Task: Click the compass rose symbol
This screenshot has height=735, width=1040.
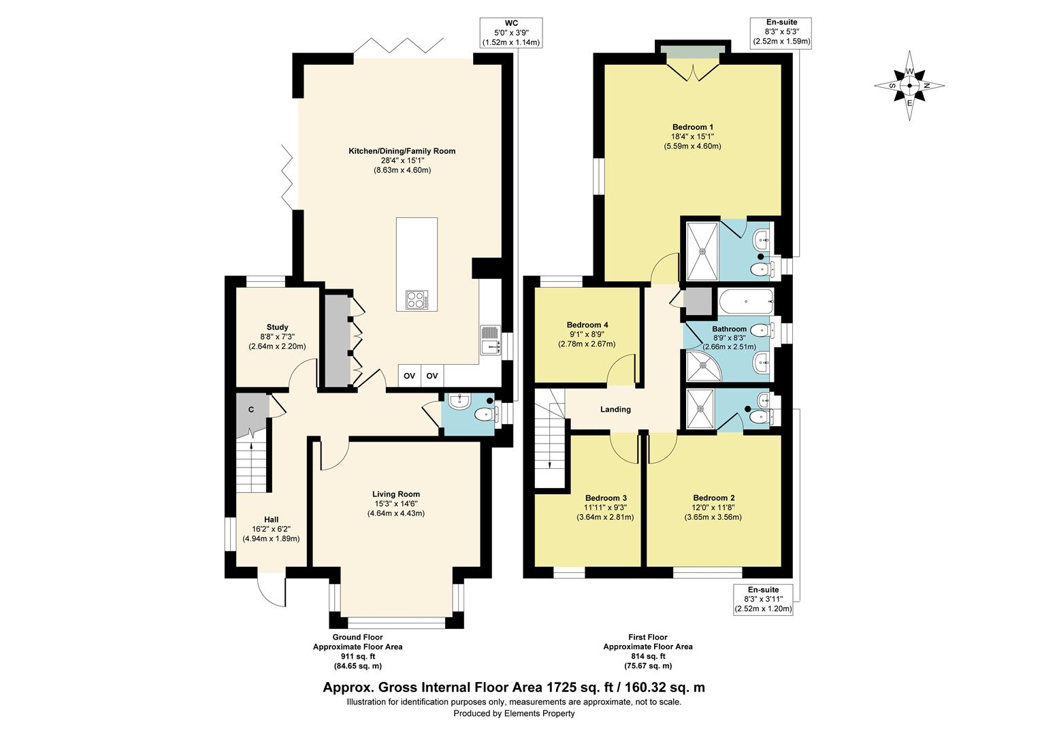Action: [x=909, y=86]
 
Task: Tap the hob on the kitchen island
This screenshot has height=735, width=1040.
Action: [x=417, y=299]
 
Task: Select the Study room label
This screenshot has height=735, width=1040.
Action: [x=277, y=327]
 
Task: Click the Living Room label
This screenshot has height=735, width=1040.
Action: [x=396, y=494]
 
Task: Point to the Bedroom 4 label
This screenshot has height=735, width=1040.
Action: [x=587, y=325]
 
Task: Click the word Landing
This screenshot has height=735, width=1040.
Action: [x=615, y=409]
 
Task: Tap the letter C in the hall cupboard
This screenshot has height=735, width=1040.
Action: [x=251, y=410]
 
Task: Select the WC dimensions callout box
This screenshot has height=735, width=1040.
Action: [x=511, y=33]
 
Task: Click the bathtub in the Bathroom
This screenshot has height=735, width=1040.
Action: [x=746, y=301]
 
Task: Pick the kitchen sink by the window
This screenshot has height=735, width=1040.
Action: [x=491, y=340]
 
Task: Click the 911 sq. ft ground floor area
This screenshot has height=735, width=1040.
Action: [x=357, y=657]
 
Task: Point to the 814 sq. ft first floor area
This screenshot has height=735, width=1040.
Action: [x=648, y=657]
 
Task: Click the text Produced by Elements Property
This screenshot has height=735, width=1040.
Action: [x=514, y=714]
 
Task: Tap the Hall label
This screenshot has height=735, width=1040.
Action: [x=271, y=519]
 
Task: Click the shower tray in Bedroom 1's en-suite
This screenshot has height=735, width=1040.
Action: [x=702, y=251]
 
